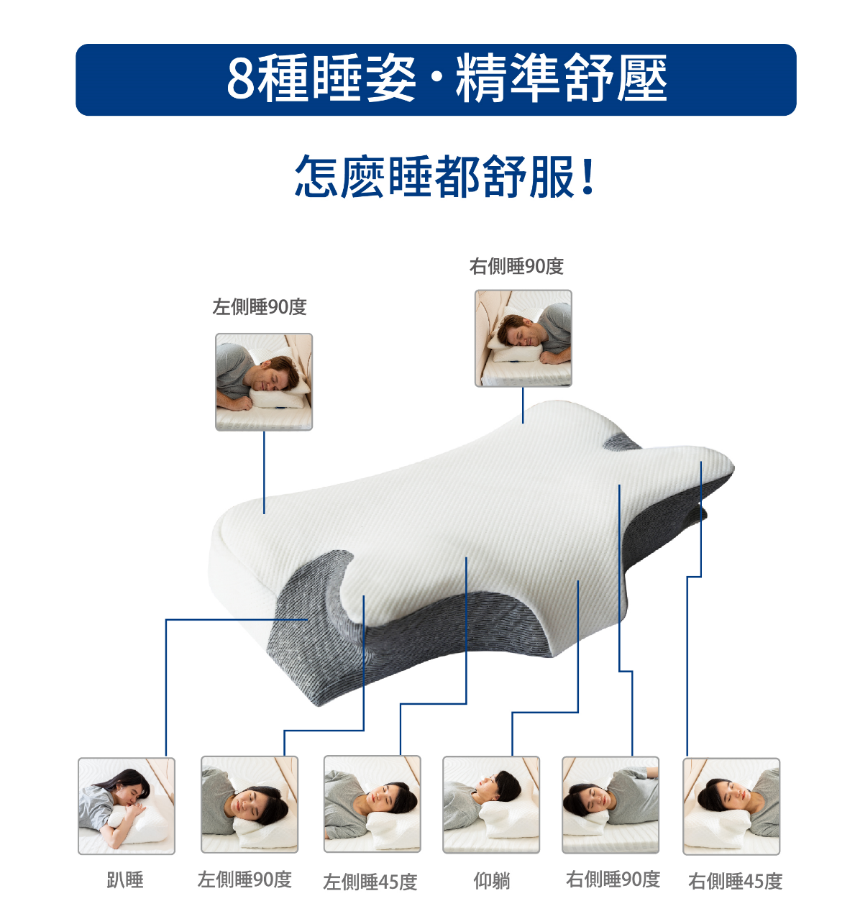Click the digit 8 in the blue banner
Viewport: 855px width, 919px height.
pyautogui.click(x=242, y=79)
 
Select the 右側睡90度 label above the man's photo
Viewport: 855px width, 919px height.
pyautogui.click(x=516, y=267)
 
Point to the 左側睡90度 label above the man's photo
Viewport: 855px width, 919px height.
pyautogui.click(x=260, y=307)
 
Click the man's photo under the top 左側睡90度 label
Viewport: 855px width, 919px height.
pyautogui.click(x=264, y=382)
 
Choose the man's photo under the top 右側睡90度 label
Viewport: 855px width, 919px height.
pyautogui.click(x=523, y=338)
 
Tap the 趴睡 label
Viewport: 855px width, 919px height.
pyautogui.click(x=125, y=879)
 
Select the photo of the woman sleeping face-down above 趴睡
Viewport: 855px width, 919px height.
pyautogui.click(x=127, y=805)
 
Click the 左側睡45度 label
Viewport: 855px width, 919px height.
pyautogui.click(x=370, y=882)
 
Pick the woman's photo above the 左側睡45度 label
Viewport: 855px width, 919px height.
pyautogui.click(x=372, y=803)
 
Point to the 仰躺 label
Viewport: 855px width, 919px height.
pyautogui.click(x=492, y=880)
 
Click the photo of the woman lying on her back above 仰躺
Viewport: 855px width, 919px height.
pyautogui.click(x=491, y=805)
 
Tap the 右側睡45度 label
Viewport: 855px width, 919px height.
pyautogui.click(x=735, y=881)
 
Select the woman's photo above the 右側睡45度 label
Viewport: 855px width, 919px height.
pyautogui.click(x=731, y=806)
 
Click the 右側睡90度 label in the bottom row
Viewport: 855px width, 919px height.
pyautogui.click(x=613, y=879)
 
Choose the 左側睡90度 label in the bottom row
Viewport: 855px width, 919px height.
pyautogui.click(x=244, y=879)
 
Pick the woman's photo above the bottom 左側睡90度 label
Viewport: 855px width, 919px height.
pyautogui.click(x=249, y=804)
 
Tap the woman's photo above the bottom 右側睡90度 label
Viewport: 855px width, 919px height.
pyautogui.click(x=611, y=805)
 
